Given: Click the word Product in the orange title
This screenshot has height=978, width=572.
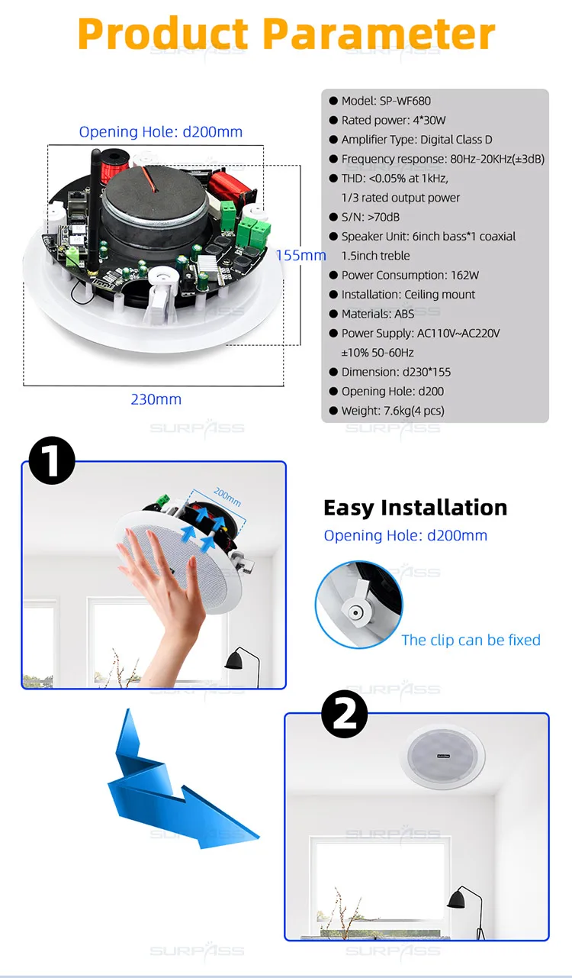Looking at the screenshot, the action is coord(162,34).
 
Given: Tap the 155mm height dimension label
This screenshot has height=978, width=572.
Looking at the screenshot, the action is coord(301,256).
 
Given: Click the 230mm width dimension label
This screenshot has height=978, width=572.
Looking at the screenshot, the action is coord(156,399).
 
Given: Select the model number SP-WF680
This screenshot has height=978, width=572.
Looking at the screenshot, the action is coord(405,101).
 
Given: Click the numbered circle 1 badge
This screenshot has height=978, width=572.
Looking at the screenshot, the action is coord(52,460).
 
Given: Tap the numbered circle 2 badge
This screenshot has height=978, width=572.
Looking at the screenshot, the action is coord(345,714).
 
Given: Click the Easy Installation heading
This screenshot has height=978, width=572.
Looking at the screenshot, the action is coord(416,508).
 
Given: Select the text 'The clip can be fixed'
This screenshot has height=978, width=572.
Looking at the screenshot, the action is coord(471,640).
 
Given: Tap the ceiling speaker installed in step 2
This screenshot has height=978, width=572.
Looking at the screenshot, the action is coord(442,757).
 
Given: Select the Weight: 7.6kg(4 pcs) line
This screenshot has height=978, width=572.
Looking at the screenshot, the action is coord(393,411).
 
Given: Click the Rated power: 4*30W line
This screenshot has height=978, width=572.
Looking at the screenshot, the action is coord(393,120).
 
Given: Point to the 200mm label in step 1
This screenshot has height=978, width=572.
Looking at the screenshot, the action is coord(227,497).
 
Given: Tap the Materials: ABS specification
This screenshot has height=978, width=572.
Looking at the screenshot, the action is coord(378,314).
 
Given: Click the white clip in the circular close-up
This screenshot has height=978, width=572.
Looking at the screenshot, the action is coord(356,605).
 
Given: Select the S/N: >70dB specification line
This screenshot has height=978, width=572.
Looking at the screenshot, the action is coord(370,217).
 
